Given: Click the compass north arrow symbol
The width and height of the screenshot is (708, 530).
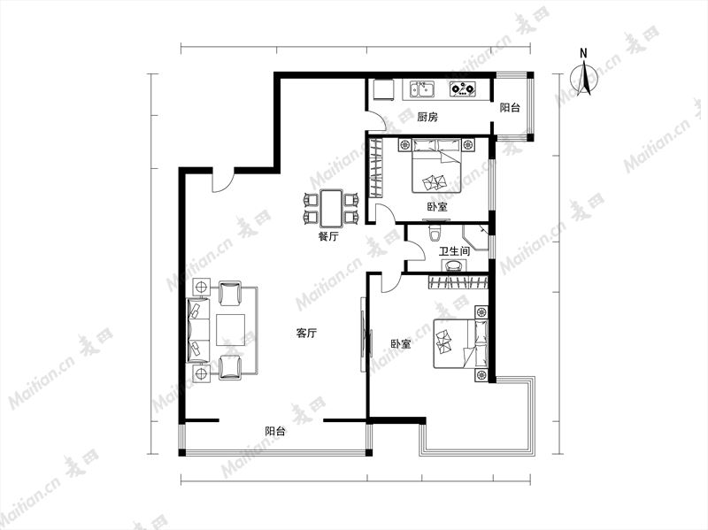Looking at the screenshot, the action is coord(584,77).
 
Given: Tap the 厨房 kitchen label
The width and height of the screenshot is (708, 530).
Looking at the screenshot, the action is coord(427,118).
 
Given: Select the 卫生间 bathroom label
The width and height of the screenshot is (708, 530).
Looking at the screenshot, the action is coord(454,251).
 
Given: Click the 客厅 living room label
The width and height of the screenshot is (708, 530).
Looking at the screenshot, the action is coord(306,334).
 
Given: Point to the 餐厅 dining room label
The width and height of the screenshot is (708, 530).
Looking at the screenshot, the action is coord(328,236).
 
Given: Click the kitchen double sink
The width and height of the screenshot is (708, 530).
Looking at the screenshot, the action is coord(422,89).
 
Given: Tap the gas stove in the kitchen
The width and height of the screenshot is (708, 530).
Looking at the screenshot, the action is coord(463,89).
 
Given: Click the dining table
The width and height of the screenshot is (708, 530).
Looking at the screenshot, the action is coord(332,208).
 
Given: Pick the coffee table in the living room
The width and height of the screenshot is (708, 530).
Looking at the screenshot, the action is coord(230,330).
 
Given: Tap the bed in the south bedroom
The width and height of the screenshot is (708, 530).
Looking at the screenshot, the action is coord(460,343).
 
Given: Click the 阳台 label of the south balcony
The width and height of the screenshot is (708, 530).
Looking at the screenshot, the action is coord(275,431).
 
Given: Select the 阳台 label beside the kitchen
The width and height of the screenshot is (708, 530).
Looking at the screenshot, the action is coord(510,107).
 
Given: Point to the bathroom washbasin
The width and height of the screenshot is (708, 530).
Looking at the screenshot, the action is coord(453,266).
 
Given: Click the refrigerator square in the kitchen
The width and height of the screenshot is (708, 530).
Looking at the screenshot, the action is coord(383,90).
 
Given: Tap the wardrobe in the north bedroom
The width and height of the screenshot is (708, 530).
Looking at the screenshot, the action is coord(375,167).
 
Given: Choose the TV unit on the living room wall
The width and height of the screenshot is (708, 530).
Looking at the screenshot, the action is coord(365,334).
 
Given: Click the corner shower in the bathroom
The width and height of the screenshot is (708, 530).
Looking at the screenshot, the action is coord(476,236).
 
